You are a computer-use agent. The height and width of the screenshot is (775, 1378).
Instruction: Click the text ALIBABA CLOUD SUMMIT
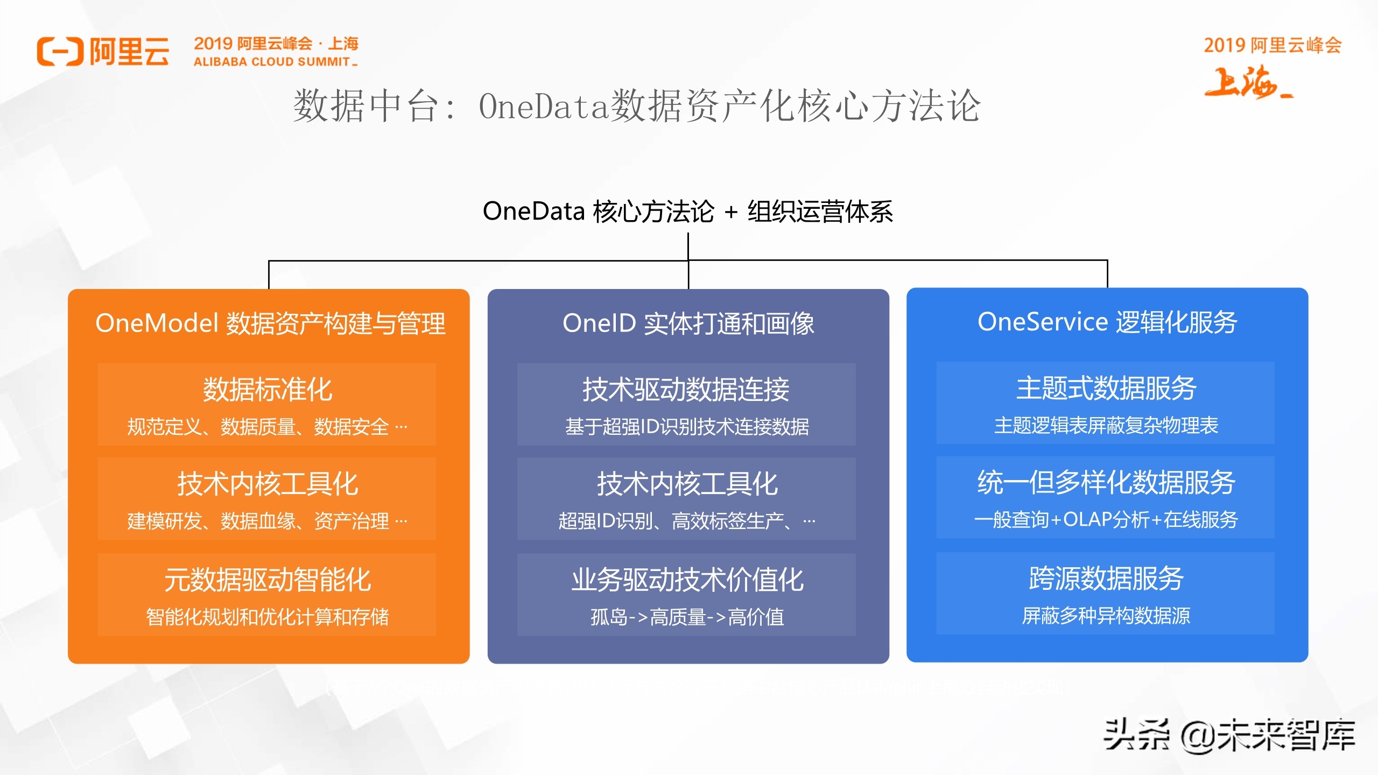(x=272, y=62)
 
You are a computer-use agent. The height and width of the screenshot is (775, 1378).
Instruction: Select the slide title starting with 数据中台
(x=637, y=106)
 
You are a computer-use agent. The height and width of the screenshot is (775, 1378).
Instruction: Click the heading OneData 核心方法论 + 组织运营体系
(x=687, y=211)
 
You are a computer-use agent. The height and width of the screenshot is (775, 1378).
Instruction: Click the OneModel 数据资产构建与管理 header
(x=270, y=323)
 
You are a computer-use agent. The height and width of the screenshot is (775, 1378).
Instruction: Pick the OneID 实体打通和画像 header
(x=688, y=323)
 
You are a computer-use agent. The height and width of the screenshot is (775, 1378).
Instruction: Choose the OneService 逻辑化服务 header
(x=1107, y=322)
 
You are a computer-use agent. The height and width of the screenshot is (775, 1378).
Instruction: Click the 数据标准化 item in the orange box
(x=267, y=389)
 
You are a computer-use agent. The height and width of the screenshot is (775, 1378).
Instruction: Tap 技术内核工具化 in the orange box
(x=267, y=483)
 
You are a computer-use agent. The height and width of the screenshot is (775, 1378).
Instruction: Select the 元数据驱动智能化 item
(x=267, y=580)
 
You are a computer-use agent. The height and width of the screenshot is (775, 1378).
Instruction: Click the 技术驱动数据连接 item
(x=686, y=389)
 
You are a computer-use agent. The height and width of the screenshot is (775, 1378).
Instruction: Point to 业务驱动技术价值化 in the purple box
(x=687, y=580)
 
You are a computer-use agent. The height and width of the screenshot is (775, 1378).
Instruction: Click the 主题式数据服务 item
(x=1106, y=388)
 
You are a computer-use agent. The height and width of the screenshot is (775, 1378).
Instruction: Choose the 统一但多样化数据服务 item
(x=1106, y=482)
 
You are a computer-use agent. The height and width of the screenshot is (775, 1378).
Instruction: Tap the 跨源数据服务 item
(x=1106, y=579)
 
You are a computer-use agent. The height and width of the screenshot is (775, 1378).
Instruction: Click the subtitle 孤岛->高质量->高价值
(x=687, y=617)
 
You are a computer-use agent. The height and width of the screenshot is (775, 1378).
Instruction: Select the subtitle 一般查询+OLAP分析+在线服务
(x=1106, y=519)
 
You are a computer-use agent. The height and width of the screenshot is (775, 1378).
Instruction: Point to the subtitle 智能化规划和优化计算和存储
(x=267, y=617)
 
